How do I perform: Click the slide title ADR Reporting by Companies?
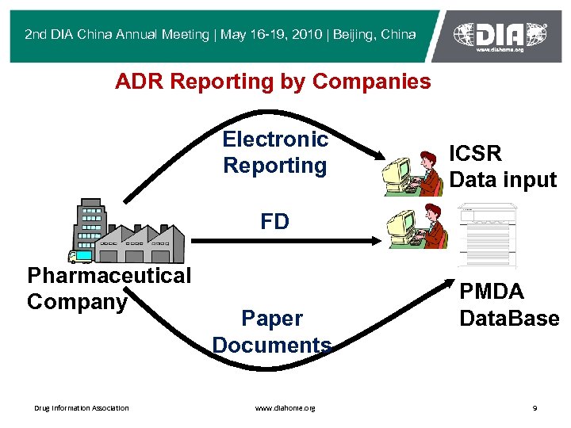pyautogui.click(x=273, y=81)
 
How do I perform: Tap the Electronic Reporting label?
pyautogui.click(x=275, y=152)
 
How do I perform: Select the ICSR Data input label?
pyautogui.click(x=503, y=166)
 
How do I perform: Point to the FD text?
pyautogui.click(x=274, y=222)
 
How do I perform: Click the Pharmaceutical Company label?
pyautogui.click(x=109, y=289)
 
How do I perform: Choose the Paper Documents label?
pyautogui.click(x=272, y=331)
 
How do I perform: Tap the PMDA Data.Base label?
pyautogui.click(x=509, y=304)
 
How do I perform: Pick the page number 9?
pyautogui.click(x=535, y=408)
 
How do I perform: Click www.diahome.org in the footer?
pyautogui.click(x=285, y=408)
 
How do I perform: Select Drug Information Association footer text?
pyautogui.click(x=81, y=408)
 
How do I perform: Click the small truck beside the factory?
pyautogui.click(x=80, y=255)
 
